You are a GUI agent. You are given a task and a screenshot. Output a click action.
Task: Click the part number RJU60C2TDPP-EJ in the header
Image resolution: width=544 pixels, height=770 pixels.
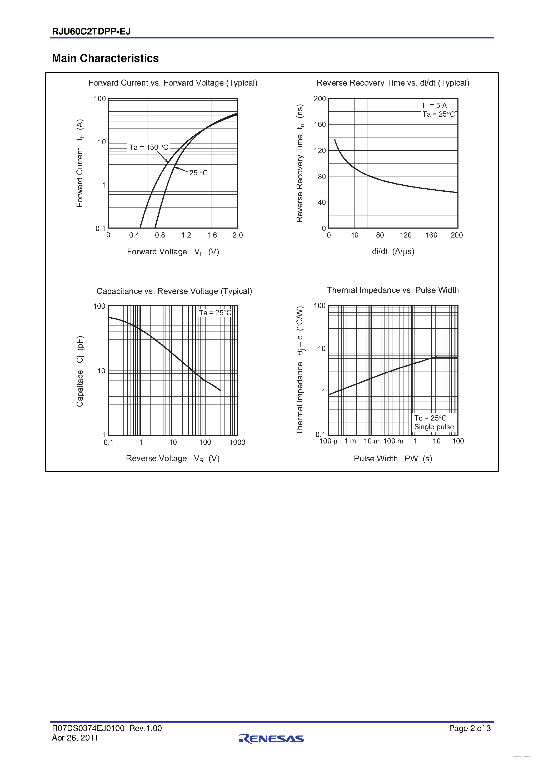point(91,32)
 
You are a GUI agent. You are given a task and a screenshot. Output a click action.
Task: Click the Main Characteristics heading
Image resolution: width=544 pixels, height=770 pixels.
point(105,58)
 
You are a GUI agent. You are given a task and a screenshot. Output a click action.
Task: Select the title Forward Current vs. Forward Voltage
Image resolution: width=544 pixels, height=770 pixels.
point(173,83)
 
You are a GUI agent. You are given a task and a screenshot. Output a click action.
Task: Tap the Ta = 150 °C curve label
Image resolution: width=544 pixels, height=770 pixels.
point(148,147)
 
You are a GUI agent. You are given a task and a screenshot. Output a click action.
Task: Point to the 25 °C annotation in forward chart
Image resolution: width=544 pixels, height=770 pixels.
point(198,173)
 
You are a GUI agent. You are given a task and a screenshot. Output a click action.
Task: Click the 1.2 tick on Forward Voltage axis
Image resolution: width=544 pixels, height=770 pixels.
point(186,235)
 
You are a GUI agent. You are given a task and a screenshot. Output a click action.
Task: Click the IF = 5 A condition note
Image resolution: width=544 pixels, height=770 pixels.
point(435,106)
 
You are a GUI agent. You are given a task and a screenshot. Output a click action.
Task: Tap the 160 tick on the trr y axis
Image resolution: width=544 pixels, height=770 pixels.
point(320,125)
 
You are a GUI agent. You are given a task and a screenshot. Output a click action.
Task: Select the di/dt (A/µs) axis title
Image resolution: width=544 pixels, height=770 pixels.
point(393,251)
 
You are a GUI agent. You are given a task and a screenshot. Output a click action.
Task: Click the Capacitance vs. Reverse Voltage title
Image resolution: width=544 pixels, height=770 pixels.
point(174,291)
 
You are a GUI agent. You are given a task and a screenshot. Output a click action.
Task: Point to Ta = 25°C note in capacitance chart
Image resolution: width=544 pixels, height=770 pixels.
point(215,313)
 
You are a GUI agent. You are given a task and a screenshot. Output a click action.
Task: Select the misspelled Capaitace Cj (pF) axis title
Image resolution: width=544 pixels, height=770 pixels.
point(80,371)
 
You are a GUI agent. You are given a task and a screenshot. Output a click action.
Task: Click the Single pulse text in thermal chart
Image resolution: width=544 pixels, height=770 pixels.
point(434,427)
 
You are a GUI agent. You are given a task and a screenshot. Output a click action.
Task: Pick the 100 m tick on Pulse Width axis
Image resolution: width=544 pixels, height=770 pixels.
point(393,441)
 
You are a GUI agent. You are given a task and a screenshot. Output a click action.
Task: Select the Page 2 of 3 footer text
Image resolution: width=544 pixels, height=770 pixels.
point(470,728)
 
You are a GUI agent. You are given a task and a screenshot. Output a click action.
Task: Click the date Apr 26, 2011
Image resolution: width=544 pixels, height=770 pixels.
point(75,738)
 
